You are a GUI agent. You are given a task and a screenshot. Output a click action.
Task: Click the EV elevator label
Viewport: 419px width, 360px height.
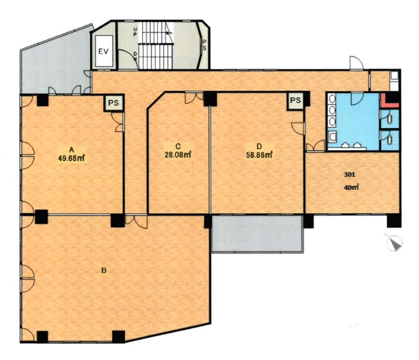[x=103, y=51]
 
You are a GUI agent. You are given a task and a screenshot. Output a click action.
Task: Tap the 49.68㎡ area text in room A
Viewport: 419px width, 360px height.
[x=71, y=158]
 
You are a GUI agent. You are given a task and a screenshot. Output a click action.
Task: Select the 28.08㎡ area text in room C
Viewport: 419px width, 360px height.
[x=178, y=155]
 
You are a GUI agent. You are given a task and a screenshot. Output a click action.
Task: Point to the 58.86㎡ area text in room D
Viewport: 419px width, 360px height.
[x=259, y=155]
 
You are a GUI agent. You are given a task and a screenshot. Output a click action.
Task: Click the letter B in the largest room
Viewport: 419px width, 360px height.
[x=104, y=270]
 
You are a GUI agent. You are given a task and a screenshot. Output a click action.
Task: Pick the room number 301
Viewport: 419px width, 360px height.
[x=349, y=175]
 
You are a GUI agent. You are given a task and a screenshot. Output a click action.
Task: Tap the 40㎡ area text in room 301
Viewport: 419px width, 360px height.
[x=351, y=188]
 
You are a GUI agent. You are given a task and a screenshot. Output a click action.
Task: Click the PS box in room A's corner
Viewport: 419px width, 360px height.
[x=113, y=103]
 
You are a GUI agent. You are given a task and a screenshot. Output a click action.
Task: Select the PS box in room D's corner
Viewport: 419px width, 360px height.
[x=295, y=100]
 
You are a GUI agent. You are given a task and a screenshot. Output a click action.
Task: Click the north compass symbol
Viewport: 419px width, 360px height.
[x=394, y=243]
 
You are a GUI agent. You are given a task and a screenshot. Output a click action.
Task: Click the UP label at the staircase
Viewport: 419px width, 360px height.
[x=135, y=32]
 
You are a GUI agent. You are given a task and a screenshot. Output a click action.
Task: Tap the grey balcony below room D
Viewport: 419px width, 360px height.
[x=258, y=234]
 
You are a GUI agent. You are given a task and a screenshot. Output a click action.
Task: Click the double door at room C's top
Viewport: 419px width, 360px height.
[x=194, y=98]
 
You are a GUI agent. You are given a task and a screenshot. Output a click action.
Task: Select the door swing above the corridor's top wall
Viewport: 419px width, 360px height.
[x=357, y=63]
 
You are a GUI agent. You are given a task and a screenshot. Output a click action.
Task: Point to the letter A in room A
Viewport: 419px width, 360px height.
[x=71, y=150]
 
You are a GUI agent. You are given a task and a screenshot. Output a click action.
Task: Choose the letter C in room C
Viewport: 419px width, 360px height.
[x=178, y=146]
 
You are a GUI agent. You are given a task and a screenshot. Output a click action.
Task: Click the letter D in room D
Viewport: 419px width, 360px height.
[x=259, y=146]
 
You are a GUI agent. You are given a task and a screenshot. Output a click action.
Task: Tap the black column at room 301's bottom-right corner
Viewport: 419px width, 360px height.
[x=394, y=221]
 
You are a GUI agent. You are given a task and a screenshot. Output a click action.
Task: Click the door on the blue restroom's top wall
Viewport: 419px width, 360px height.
[x=357, y=99]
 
